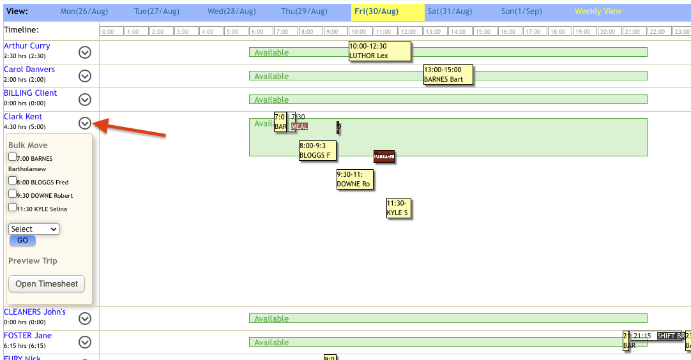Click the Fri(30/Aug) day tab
pyautogui.click(x=388, y=11)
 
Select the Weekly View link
pyautogui.click(x=598, y=11)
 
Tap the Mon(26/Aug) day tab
pyautogui.click(x=83, y=11)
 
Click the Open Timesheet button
pyautogui.click(x=47, y=284)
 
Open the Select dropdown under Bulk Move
pyautogui.click(x=34, y=229)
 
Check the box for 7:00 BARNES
pyautogui.click(x=13, y=157)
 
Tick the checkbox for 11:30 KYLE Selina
pyautogui.click(x=13, y=207)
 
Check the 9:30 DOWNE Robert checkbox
pyautogui.click(x=13, y=194)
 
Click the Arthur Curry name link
pyautogui.click(x=27, y=46)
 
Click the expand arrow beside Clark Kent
pyautogui.click(x=85, y=123)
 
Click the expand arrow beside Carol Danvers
pyautogui.click(x=85, y=76)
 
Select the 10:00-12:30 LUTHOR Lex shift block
pyautogui.click(x=379, y=51)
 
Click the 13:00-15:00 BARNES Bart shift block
pyautogui.click(x=448, y=75)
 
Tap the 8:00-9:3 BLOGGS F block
pyautogui.click(x=317, y=150)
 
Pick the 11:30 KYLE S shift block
pyautogui.click(x=399, y=208)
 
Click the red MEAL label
pyautogui.click(x=300, y=126)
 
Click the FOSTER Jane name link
pyautogui.click(x=27, y=336)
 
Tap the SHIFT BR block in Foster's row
pyautogui.click(x=670, y=336)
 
